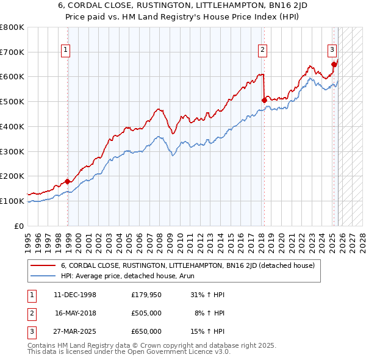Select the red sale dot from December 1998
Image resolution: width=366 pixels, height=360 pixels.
68,181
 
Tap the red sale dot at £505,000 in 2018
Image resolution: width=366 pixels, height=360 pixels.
264,100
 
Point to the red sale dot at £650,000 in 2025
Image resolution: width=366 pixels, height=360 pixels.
334,64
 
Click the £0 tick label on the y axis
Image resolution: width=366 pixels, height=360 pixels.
19,226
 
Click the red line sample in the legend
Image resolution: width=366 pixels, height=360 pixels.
43,265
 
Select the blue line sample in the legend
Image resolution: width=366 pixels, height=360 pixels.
43,275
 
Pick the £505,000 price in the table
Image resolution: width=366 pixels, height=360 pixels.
146,313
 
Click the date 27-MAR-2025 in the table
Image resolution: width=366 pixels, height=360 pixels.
75,331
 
